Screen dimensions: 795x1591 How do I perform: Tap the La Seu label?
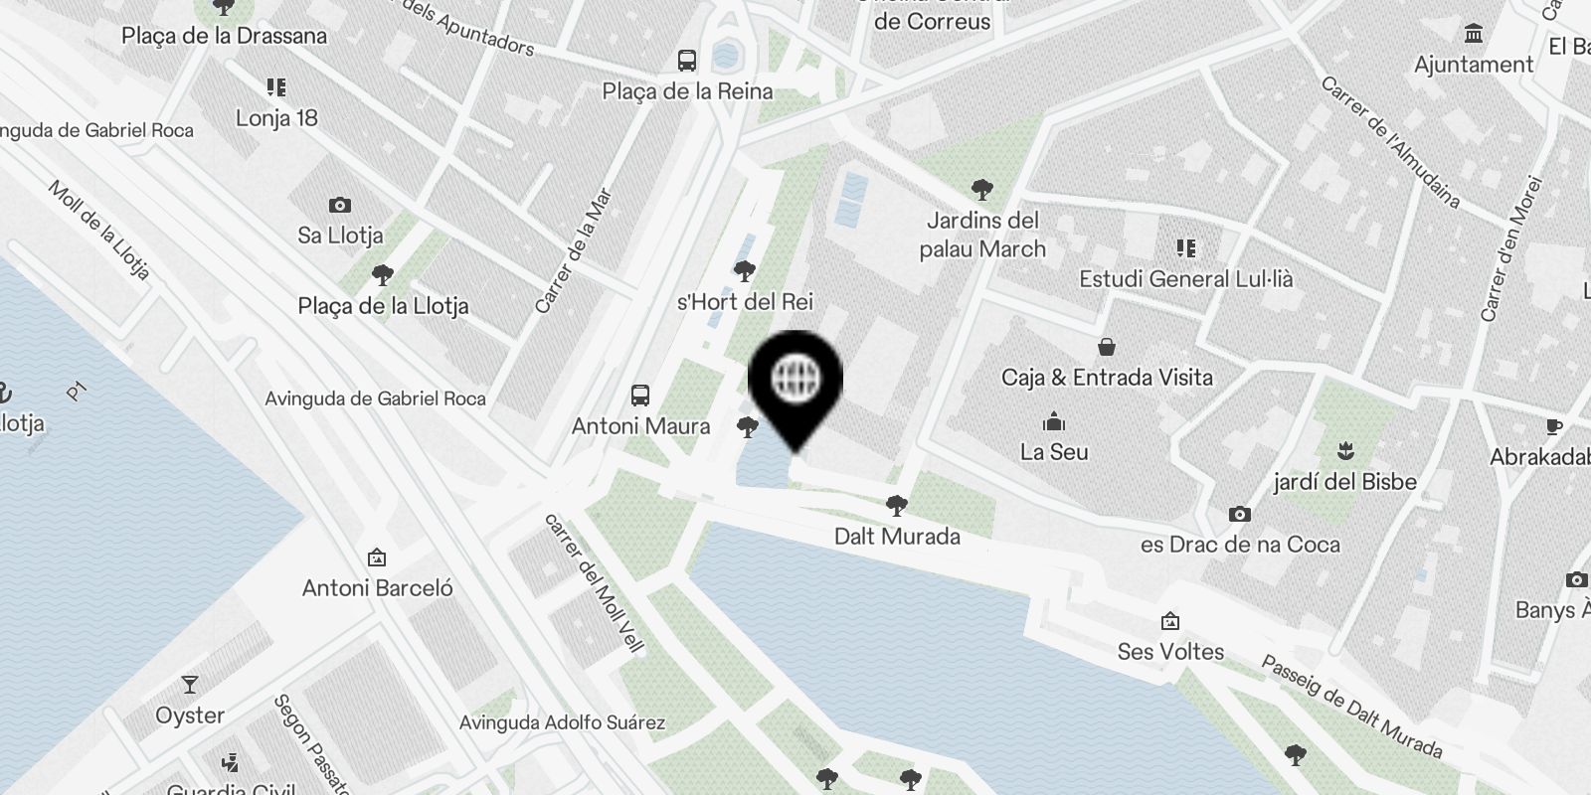[x=1054, y=452]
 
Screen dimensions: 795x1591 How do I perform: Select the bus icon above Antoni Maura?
[x=640, y=396]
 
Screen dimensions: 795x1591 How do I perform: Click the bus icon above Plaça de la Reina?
[x=687, y=61]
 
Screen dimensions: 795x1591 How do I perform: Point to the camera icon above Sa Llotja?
[x=340, y=206]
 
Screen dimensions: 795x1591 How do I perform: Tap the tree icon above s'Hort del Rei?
[x=744, y=270]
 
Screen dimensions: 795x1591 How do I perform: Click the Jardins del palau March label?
[x=982, y=235]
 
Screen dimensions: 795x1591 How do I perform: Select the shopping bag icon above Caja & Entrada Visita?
[x=1106, y=347]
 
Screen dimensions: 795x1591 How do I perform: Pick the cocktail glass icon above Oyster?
[x=189, y=685]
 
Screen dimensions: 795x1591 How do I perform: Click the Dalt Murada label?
[x=897, y=537]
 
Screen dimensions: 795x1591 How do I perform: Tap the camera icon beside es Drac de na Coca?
[x=1239, y=514]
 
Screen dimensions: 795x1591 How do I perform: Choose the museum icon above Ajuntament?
[x=1474, y=35]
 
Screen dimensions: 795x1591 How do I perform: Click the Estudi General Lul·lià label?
[x=1186, y=279]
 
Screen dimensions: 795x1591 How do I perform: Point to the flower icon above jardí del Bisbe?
[x=1345, y=451]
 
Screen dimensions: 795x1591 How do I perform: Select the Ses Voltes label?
[x=1170, y=652]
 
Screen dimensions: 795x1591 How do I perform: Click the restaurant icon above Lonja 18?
[x=276, y=87]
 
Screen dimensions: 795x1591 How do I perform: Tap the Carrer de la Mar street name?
[x=573, y=250]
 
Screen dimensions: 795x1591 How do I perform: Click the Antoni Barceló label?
[x=377, y=588]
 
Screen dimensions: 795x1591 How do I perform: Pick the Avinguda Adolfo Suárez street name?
[x=562, y=722]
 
